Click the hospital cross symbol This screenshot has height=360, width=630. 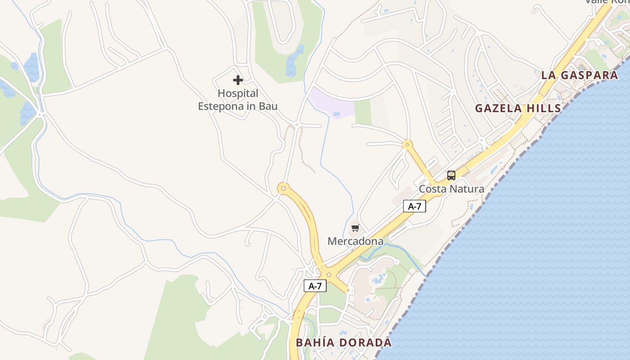[238, 81]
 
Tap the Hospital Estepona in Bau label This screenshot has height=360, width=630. [238, 100]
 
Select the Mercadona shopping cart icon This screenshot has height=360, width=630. [355, 228]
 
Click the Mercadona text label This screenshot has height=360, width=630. [355, 241]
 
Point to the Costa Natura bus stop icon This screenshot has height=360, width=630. [451, 175]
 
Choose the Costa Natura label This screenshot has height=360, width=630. [451, 189]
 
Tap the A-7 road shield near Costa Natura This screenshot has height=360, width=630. [414, 206]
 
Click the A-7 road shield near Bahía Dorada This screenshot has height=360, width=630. [315, 286]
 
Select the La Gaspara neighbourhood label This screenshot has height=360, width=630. [580, 75]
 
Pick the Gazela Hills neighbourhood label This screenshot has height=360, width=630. [518, 108]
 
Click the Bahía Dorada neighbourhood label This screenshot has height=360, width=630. [344, 342]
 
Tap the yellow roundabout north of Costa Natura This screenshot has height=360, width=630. [407, 145]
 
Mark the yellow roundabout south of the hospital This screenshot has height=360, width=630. [283, 188]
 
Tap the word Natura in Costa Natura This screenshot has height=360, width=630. [468, 189]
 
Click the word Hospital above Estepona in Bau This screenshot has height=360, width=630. [238, 94]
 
